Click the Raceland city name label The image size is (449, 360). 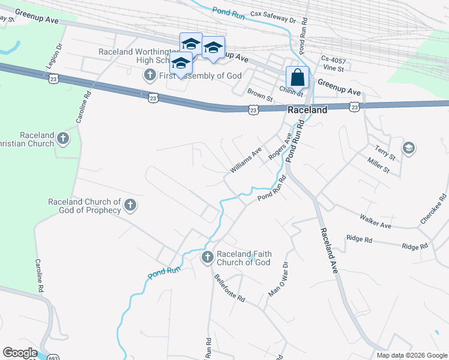(307, 110)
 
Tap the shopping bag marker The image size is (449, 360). (298, 77)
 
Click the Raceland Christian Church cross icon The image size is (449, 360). (63, 140)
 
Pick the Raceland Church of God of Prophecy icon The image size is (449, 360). (130, 206)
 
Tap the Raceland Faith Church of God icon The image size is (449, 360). (207, 257)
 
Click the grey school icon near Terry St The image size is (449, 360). (409, 148)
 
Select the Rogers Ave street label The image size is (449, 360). (280, 146)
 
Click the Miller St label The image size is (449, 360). (379, 166)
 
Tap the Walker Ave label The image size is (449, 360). (375, 221)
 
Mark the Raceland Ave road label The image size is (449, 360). (330, 250)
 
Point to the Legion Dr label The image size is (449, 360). (54, 55)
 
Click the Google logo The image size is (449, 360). (20, 353)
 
